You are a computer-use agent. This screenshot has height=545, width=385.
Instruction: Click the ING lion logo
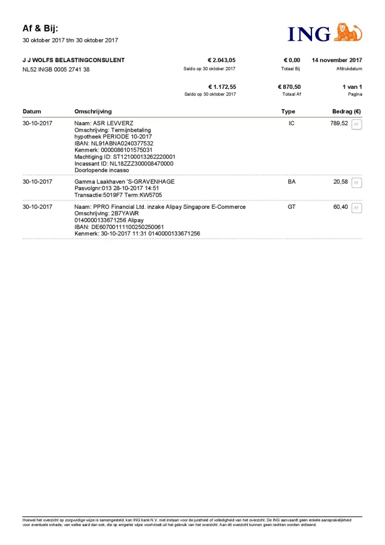click(x=347, y=33)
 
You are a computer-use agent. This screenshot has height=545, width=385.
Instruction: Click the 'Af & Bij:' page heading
click(x=40, y=28)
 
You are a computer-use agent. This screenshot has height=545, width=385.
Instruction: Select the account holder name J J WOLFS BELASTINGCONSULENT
click(x=74, y=60)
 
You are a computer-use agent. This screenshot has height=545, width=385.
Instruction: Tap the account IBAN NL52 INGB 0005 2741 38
click(x=56, y=70)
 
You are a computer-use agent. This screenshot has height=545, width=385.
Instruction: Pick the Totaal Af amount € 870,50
click(x=289, y=87)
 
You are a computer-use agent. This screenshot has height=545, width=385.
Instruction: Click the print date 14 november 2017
click(x=337, y=60)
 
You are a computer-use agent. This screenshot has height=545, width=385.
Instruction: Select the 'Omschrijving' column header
click(x=93, y=112)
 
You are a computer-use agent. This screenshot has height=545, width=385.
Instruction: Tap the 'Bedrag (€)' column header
click(x=347, y=112)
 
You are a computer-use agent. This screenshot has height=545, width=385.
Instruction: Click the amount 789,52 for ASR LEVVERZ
click(x=339, y=124)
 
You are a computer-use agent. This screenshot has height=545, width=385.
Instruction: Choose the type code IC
click(x=291, y=124)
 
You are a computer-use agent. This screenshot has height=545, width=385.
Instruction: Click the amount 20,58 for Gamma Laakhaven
click(x=340, y=181)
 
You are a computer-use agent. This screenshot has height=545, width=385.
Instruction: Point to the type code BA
click(x=291, y=181)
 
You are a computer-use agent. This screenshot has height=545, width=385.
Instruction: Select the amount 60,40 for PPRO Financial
click(x=340, y=207)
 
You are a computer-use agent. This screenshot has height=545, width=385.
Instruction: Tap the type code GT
click(x=291, y=207)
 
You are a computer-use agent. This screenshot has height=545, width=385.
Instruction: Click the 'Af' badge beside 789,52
click(x=357, y=124)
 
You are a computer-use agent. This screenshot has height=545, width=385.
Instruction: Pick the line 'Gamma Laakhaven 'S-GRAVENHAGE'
click(x=124, y=181)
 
